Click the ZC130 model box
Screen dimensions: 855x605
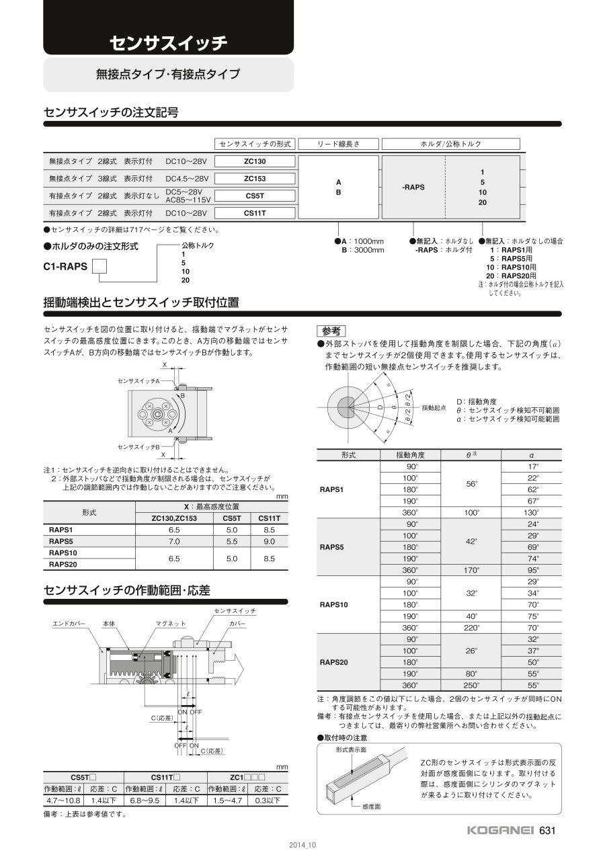255,161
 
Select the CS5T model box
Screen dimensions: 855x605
255,196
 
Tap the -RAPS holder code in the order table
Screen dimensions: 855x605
413,188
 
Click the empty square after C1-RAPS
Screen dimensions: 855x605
99,266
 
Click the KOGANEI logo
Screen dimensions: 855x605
501,831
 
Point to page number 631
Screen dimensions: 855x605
548,831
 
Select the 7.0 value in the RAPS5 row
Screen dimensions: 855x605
174,541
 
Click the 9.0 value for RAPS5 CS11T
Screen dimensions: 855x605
269,541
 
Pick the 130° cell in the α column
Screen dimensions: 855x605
533,513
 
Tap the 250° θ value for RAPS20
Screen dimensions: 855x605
473,685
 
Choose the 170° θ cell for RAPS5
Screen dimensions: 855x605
473,570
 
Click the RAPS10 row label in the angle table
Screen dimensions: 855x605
334,605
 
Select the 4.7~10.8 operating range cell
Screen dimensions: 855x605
63,801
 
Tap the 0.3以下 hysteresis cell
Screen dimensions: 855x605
268,801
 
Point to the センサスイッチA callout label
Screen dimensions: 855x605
138,381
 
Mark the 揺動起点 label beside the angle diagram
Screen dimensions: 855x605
434,408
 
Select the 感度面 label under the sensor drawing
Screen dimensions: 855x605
371,806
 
